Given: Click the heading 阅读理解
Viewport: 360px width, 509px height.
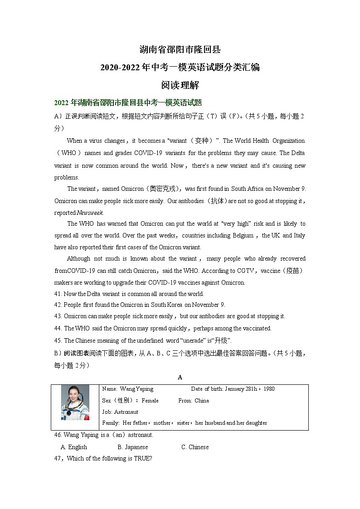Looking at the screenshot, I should (x=180, y=85).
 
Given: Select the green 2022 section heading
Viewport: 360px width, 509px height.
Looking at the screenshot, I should (x=127, y=102).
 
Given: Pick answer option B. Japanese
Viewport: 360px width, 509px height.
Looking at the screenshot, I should (x=132, y=447).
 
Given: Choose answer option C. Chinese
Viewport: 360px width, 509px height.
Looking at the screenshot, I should (x=195, y=447).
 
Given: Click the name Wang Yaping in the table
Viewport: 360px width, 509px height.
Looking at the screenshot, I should (x=136, y=389).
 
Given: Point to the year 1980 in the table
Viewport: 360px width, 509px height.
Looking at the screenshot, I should (x=268, y=389).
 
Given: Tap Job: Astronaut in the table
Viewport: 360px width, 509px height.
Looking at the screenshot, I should (x=120, y=412).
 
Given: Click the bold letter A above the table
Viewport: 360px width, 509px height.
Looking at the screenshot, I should (x=180, y=377).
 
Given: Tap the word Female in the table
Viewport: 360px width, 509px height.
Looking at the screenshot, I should (x=150, y=401).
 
